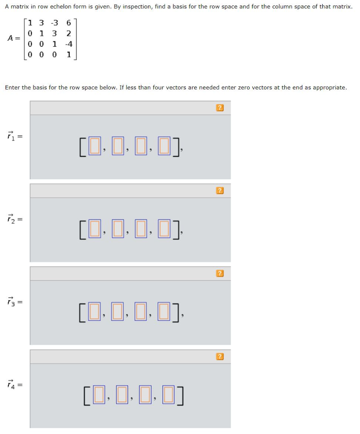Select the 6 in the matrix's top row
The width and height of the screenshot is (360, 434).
(x=69, y=22)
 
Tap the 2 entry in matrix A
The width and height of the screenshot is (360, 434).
(x=69, y=33)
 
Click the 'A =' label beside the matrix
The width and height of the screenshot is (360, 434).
(x=14, y=38)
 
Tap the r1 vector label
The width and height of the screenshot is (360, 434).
(x=11, y=136)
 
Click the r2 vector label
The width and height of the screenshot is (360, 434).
(x=11, y=219)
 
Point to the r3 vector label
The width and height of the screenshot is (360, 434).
(x=11, y=302)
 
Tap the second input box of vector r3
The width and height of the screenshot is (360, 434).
(x=118, y=312)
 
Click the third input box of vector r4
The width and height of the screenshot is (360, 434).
(x=145, y=395)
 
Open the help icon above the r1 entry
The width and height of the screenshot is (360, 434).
(x=220, y=108)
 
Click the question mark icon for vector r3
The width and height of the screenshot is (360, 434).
(x=220, y=273)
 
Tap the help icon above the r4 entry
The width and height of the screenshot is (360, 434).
(x=220, y=356)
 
